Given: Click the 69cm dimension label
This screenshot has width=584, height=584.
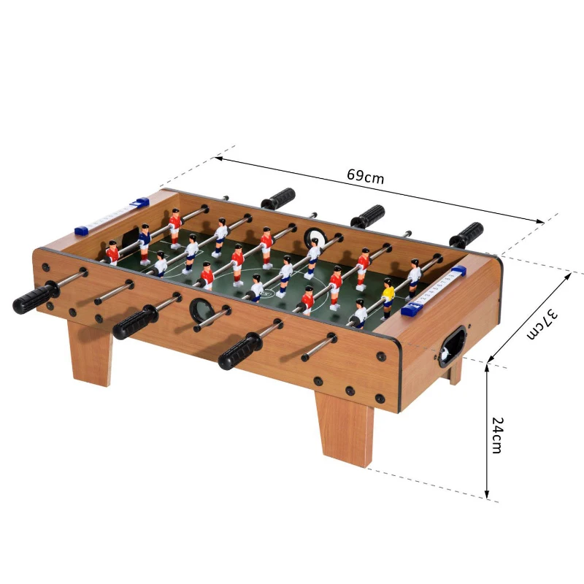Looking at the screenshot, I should (365, 176).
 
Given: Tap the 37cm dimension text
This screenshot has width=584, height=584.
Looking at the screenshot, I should (544, 323).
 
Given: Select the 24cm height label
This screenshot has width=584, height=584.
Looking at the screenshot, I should (497, 435).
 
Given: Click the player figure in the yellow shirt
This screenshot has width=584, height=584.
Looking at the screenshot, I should (388, 296).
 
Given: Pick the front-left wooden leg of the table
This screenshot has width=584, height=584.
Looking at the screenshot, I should (91, 353).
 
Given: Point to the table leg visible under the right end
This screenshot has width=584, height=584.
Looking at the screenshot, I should (455, 373).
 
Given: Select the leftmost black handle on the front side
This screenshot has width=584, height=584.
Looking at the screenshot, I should (34, 299).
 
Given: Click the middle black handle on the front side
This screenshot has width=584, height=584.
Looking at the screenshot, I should (135, 323).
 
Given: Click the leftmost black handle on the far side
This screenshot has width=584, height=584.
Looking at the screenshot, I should (278, 199).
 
